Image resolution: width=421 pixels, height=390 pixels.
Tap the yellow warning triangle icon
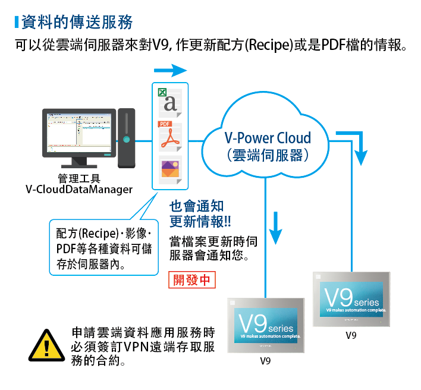click(x=43, y=345)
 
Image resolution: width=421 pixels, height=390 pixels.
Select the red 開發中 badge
click(x=191, y=279)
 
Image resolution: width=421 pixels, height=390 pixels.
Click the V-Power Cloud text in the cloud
click(x=268, y=138)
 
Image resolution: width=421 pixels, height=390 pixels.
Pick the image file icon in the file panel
click(x=170, y=169)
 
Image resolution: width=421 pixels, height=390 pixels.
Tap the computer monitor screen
click(x=78, y=132)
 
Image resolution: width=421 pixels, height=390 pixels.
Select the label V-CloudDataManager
click(x=78, y=189)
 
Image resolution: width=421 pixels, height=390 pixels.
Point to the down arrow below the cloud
click(x=275, y=228)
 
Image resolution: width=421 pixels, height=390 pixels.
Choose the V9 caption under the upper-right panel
click(x=351, y=335)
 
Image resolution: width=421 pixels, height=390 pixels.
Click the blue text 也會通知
click(x=197, y=206)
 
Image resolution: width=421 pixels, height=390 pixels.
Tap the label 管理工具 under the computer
click(x=78, y=178)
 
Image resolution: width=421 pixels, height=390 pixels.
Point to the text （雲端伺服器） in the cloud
click(x=268, y=156)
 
